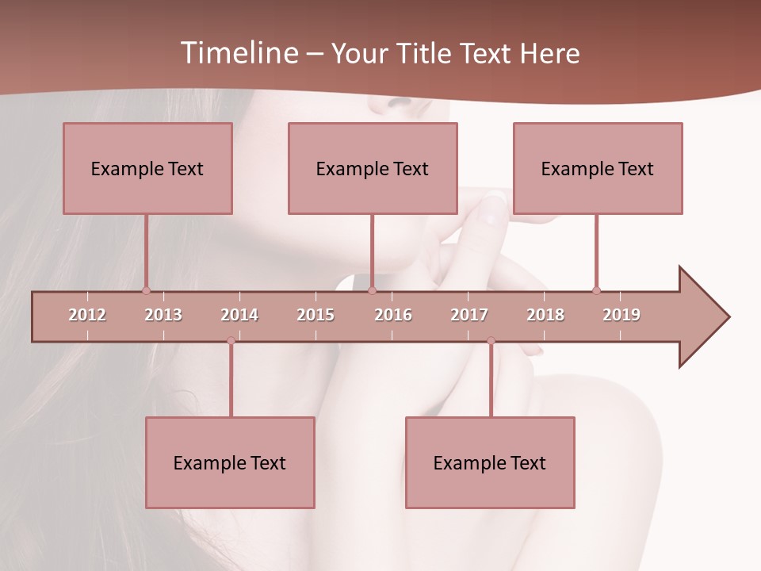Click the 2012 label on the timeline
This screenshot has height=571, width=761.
[87, 315]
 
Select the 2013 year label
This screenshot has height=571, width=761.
[163, 315]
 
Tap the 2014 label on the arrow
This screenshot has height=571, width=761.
[239, 315]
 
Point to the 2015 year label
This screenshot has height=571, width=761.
[315, 315]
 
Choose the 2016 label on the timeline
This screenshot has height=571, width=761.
[393, 315]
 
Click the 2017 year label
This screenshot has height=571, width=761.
[469, 315]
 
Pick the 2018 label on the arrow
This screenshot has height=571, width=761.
[545, 315]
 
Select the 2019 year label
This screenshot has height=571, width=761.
[621, 315]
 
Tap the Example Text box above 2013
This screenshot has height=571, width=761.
[147, 168]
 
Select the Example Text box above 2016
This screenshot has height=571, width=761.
[373, 168]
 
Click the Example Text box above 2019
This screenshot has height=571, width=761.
[598, 168]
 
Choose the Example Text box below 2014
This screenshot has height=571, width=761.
[230, 462]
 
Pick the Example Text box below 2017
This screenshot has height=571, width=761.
[490, 462]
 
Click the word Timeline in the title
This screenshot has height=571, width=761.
[238, 53]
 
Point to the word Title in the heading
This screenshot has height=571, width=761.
[425, 53]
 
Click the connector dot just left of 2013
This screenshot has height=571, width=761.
[146, 290]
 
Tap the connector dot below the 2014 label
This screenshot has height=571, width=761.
[231, 341]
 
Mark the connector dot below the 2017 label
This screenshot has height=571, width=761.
[491, 341]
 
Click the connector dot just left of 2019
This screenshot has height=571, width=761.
[596, 290]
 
